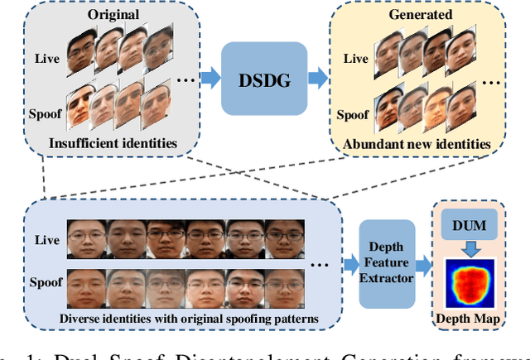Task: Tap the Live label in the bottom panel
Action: pyautogui.click(x=46, y=240)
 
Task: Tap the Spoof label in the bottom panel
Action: pyautogui.click(x=45, y=282)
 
